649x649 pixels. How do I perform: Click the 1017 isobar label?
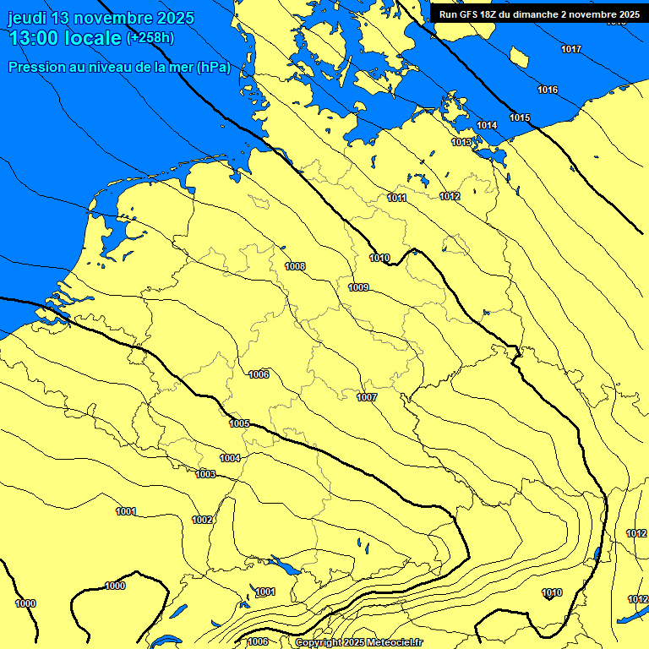571,49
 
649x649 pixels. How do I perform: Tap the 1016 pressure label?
548,90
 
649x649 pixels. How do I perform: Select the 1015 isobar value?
520,117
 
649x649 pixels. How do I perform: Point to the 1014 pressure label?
487,125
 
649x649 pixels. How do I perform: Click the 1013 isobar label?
461,142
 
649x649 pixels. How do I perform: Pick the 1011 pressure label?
397,198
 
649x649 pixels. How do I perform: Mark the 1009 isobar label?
358,287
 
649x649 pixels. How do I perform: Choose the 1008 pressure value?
295,266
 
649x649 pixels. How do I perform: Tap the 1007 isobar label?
367,397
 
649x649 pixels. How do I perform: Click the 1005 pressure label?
239,423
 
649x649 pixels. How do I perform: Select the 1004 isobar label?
231,458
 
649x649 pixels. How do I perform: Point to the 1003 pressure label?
205,474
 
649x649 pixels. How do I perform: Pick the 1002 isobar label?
202,520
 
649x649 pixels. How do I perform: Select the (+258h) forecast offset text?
152,38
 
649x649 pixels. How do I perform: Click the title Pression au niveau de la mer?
118,67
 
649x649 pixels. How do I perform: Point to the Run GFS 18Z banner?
538,14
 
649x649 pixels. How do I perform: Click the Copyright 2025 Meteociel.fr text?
359,642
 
